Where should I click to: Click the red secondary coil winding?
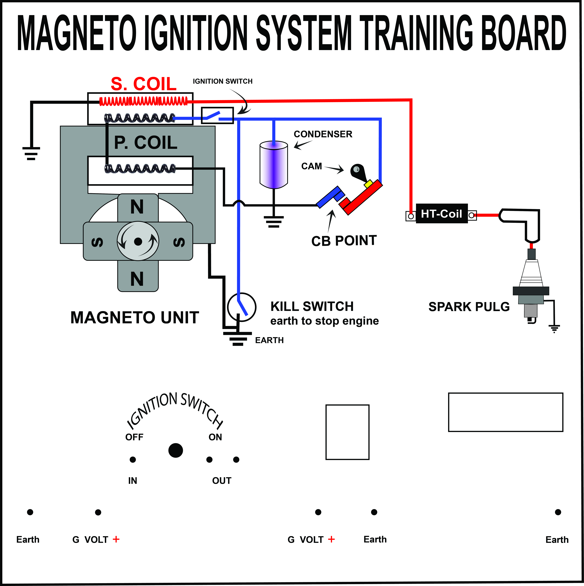[x=144, y=101]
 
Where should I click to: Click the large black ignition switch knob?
[x=175, y=450]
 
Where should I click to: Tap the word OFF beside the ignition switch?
[x=134, y=437]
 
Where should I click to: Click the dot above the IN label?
[x=132, y=460]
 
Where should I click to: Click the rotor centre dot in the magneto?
[x=138, y=241]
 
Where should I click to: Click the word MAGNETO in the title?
[x=77, y=33]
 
